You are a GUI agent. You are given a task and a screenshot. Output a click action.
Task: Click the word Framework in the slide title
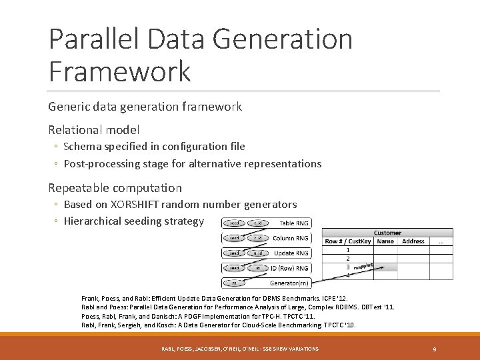coord(120,71)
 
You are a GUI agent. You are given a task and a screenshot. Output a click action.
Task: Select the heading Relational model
coord(94,130)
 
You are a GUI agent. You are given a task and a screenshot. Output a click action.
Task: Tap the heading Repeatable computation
coord(115,188)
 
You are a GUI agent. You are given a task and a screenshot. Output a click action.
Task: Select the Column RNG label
coord(291,238)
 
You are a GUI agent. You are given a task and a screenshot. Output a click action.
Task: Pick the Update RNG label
coord(291,253)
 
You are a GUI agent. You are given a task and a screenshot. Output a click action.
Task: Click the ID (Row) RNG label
coord(289,268)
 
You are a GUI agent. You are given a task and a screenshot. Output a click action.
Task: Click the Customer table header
coord(387,233)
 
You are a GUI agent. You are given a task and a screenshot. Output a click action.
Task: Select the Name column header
coord(385,241)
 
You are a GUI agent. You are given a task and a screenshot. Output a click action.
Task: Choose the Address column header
coord(413,241)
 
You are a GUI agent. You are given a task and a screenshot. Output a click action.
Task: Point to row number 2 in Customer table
coord(348,258)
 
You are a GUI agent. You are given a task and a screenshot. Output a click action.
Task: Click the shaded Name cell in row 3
coord(385,267)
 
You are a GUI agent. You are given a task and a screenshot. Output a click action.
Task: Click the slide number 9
coord(435,349)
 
